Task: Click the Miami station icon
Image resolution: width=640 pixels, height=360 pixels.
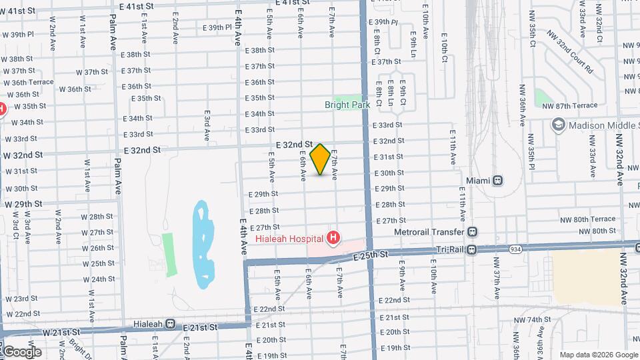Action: click(497, 181)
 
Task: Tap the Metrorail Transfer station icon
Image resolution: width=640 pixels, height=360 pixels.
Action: click(473, 232)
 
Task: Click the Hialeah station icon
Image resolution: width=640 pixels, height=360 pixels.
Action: click(171, 324)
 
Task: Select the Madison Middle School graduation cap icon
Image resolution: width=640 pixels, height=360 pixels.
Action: click(557, 125)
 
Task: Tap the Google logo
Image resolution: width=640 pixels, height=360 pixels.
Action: click(21, 352)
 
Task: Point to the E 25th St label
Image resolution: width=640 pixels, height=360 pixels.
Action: click(372, 255)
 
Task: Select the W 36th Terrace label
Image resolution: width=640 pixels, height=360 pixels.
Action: click(29, 82)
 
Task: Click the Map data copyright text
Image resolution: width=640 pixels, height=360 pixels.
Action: click(598, 354)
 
